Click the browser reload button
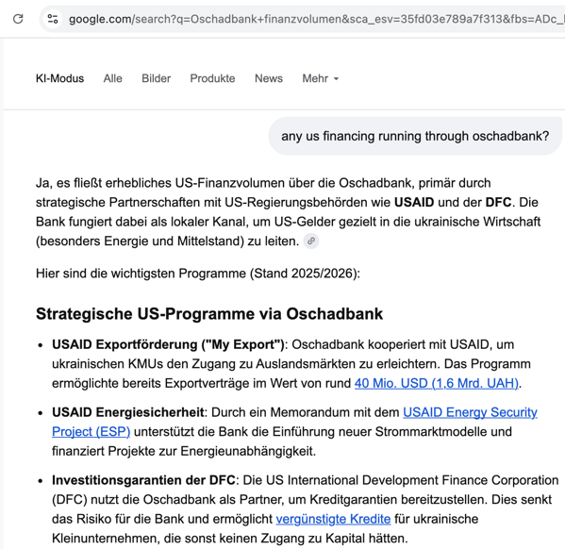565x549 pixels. [18, 18]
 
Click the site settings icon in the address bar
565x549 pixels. [53, 18]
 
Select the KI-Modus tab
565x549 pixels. [59, 78]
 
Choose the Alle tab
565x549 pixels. [112, 78]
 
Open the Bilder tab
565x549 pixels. [156, 78]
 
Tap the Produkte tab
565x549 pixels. [212, 78]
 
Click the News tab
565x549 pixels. [268, 78]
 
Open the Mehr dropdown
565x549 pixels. [320, 78]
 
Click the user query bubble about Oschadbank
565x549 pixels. [415, 137]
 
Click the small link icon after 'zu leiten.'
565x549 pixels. [310, 241]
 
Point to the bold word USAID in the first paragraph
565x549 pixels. [415, 202]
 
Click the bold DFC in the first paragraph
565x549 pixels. [498, 202]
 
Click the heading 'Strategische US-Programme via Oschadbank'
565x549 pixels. [209, 314]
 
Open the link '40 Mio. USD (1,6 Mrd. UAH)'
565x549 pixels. [437, 383]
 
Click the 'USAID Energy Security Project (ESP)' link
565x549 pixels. [470, 412]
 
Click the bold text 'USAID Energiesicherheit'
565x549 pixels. [127, 412]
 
